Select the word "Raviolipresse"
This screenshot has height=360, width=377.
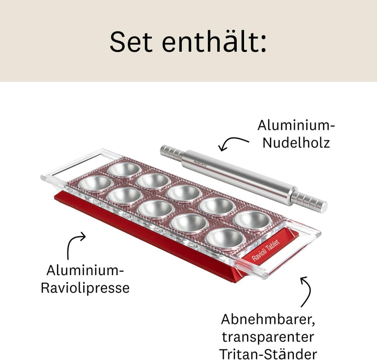click(x=85, y=288)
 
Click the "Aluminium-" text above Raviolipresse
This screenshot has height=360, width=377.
click(x=85, y=271)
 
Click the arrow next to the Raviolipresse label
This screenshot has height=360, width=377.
click(x=76, y=244)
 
